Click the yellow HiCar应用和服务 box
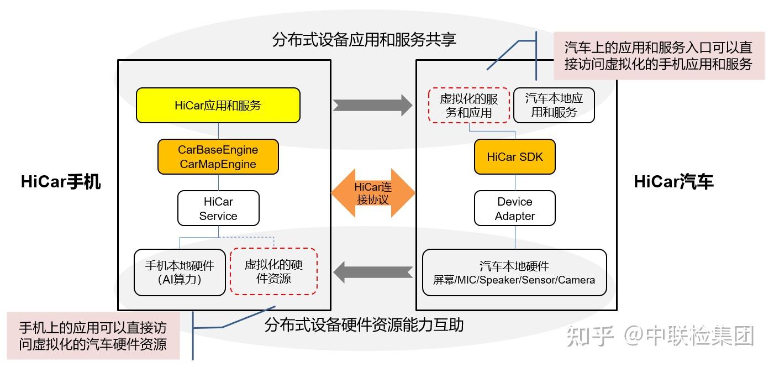[x=218, y=105]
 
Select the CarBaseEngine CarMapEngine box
[x=218, y=157]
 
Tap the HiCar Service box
[x=218, y=208]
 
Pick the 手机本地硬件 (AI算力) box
[x=180, y=272]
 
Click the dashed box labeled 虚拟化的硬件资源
[x=273, y=271]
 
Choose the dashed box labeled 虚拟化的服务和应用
[x=468, y=105]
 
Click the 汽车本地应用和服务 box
[x=554, y=105]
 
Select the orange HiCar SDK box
[x=515, y=157]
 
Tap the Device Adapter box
[x=514, y=208]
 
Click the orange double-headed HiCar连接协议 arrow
[x=373, y=193]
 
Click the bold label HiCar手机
[x=61, y=182]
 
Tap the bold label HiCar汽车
[x=673, y=182]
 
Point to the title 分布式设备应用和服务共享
[x=364, y=40]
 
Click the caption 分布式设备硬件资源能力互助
[x=364, y=324]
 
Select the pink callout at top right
[x=659, y=55]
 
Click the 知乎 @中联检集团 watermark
[x=661, y=335]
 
